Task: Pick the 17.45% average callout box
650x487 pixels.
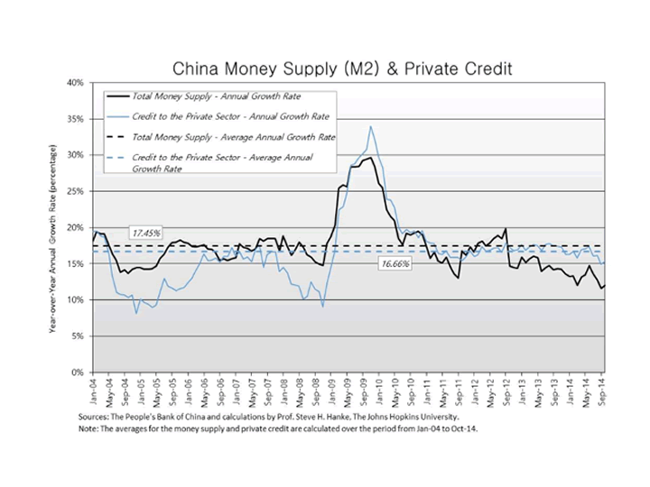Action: (x=146, y=233)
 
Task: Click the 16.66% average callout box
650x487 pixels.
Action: (x=395, y=263)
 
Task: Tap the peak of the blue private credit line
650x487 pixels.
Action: (x=370, y=127)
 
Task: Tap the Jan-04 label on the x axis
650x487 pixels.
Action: (x=93, y=389)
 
